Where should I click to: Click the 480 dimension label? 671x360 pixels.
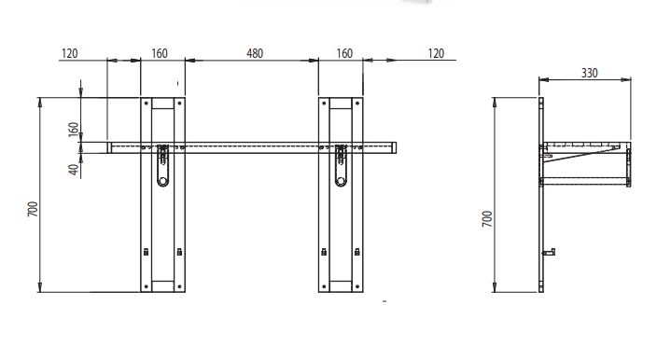tap(255, 53)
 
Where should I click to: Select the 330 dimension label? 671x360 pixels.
tap(589, 73)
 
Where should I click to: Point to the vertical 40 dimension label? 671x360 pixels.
tap(75, 170)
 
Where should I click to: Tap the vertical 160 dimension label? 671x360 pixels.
tap(74, 130)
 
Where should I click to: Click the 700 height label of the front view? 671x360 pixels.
tap(33, 209)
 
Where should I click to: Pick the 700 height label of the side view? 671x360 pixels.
tap(487, 218)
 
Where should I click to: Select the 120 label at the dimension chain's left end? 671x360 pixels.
tap(70, 53)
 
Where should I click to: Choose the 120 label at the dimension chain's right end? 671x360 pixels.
tap(436, 53)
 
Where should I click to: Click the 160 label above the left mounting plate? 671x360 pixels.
tap(160, 53)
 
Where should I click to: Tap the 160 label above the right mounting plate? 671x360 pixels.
tap(344, 53)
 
